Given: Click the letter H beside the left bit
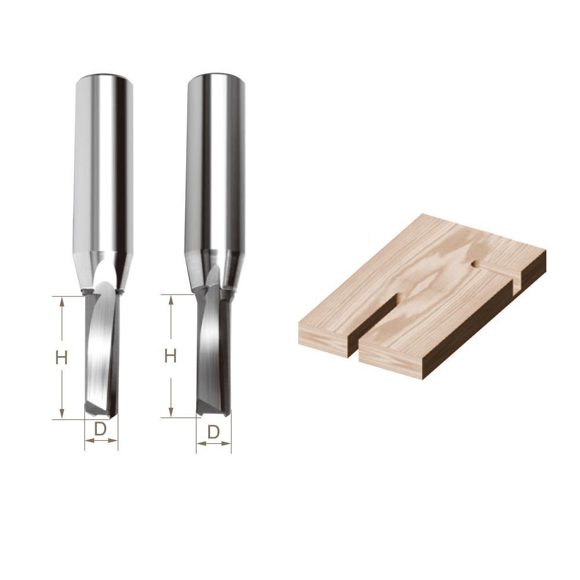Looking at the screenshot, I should coord(61,358).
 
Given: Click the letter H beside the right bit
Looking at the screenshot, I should coord(170,356).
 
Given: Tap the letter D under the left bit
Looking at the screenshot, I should coord(100,430).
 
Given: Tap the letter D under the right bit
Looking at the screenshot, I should coord(213,432).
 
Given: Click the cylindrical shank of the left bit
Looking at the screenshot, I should coord(103,168).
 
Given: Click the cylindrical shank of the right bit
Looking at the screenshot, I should coord(213,168).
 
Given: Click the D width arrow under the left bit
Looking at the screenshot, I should coord(101,441).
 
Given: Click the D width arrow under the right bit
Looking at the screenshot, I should coord(213,444).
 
